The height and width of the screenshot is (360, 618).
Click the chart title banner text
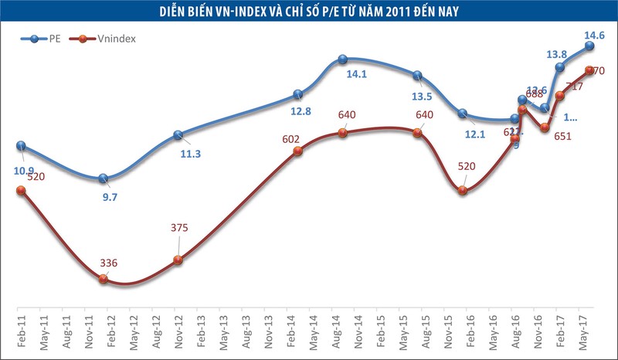309,11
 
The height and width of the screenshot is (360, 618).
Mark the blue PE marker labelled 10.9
21,146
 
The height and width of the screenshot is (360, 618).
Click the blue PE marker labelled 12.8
298,95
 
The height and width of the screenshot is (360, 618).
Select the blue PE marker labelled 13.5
417,76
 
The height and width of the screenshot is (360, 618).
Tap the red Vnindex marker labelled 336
104,278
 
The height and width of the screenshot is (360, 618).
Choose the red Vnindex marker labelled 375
178,260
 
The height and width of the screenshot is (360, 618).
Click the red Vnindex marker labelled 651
545,127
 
